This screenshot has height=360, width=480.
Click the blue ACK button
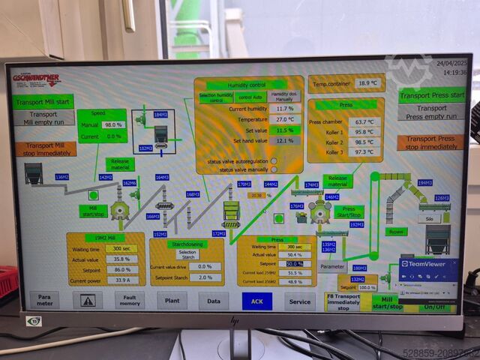click(256, 300)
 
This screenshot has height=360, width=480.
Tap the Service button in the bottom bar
click(300, 301)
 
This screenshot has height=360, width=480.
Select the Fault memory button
click(130, 301)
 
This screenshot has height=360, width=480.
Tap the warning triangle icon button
click(88, 301)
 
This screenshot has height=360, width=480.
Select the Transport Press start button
click(432, 95)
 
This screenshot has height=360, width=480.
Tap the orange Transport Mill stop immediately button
click(45, 149)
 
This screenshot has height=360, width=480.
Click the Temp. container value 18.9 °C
click(367, 83)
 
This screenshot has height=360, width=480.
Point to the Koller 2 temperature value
click(364, 142)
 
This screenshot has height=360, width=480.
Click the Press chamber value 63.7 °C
click(364, 121)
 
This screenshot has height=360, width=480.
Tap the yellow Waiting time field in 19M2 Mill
click(121, 248)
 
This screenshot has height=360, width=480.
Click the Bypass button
click(394, 232)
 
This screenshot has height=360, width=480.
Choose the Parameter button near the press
click(332, 265)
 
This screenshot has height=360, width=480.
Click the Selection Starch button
click(187, 253)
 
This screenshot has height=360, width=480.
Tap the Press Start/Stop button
click(348, 211)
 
